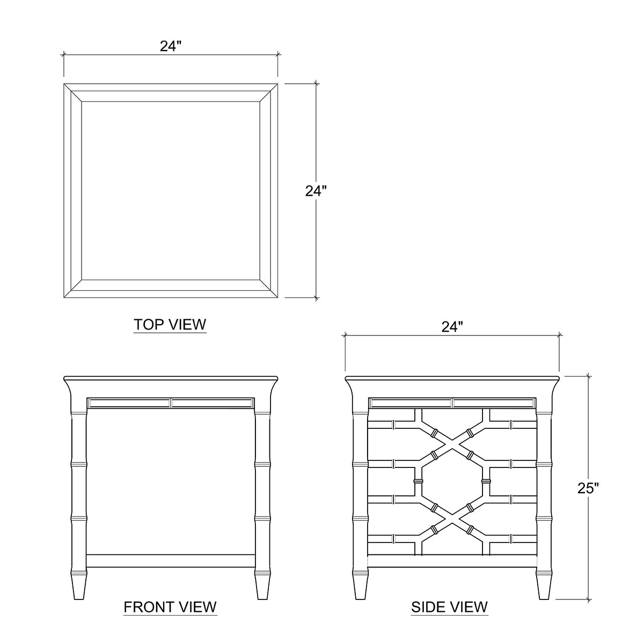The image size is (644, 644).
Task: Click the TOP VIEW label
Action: [x=170, y=325]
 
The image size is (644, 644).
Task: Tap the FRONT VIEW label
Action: [x=170, y=607]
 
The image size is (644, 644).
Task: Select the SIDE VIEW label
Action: [x=449, y=607]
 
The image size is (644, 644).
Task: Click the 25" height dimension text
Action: [x=588, y=488]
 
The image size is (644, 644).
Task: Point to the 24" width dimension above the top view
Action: [x=171, y=47]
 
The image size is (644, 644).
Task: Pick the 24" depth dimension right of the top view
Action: [x=316, y=191]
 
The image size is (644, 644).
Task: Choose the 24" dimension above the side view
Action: [x=452, y=327]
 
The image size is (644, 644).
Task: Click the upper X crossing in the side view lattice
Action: [x=452, y=443]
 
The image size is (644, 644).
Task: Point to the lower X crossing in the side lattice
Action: [x=452, y=518]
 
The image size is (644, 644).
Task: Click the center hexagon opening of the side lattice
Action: [x=452, y=481]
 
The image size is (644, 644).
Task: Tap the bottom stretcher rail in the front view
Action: [x=171, y=560]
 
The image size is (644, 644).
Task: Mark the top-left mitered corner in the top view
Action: [x=72, y=92]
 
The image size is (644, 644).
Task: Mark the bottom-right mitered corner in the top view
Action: [x=268, y=289]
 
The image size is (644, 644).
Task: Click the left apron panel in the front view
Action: [x=129, y=402]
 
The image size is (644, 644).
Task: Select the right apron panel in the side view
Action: [x=494, y=402]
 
